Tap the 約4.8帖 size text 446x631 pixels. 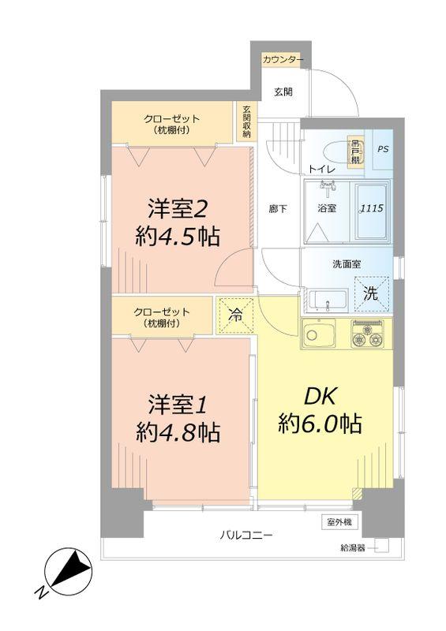177,431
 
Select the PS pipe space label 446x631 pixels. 382,148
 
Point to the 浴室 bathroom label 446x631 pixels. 327,209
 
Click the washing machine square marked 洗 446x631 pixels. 371,293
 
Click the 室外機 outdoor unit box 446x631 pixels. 341,522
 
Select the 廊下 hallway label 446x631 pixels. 276,209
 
